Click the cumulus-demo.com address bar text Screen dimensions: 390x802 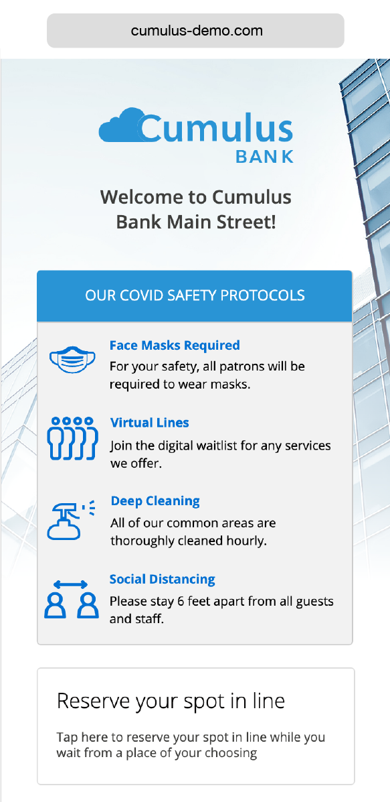point(197,31)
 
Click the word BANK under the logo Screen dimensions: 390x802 point(264,157)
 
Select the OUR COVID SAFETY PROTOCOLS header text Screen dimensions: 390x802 point(195,295)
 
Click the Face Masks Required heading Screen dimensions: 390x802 point(175,345)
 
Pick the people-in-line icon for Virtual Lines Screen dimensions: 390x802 point(72,438)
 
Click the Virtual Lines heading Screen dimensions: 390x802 point(150,423)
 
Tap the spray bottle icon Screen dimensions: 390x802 point(71,519)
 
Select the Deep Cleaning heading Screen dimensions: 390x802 point(155,500)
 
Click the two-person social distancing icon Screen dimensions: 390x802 point(71,599)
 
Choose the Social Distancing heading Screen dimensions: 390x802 point(163,579)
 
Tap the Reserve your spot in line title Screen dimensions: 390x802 point(171,701)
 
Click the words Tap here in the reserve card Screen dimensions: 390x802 point(82,738)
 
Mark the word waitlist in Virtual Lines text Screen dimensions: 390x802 point(217,446)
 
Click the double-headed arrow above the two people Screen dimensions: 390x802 point(71,584)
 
